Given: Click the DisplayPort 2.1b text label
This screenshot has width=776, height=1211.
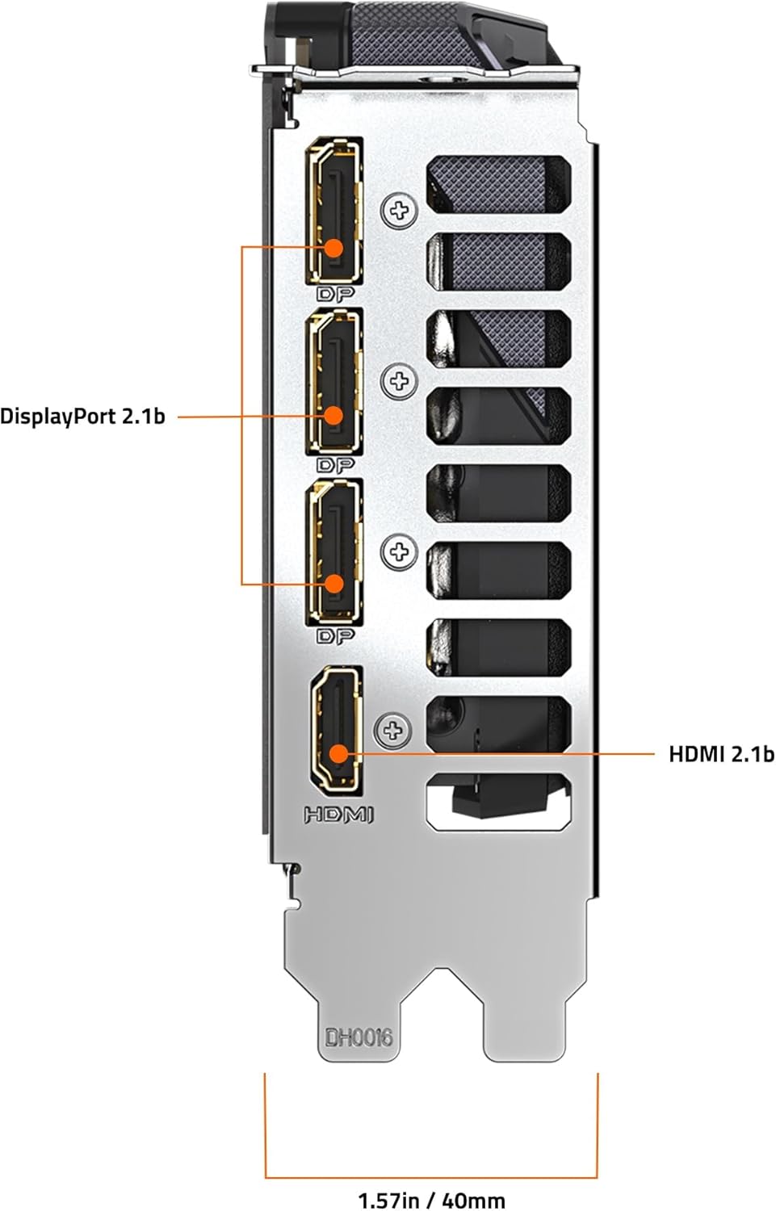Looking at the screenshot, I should click(82, 417).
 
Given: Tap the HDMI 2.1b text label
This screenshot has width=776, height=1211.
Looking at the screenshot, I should click(720, 754).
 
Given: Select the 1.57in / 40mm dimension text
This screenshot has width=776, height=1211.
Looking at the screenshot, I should click(431, 1200).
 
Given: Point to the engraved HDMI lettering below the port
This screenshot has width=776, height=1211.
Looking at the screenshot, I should click(339, 815).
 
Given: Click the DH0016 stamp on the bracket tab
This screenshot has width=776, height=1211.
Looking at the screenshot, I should click(359, 1037).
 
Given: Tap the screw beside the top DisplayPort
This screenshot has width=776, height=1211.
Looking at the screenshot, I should click(398, 212).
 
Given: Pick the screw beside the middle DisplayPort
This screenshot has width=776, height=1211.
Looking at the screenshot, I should click(398, 380).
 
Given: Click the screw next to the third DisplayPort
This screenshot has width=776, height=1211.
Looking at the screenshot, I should click(398, 552).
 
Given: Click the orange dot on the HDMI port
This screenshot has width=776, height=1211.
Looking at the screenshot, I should click(338, 754).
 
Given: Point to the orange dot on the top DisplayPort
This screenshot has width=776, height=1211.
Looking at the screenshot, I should click(334, 247).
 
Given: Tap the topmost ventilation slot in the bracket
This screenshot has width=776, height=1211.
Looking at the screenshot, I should click(498, 185).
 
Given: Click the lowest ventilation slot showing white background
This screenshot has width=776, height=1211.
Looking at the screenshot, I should click(498, 802).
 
